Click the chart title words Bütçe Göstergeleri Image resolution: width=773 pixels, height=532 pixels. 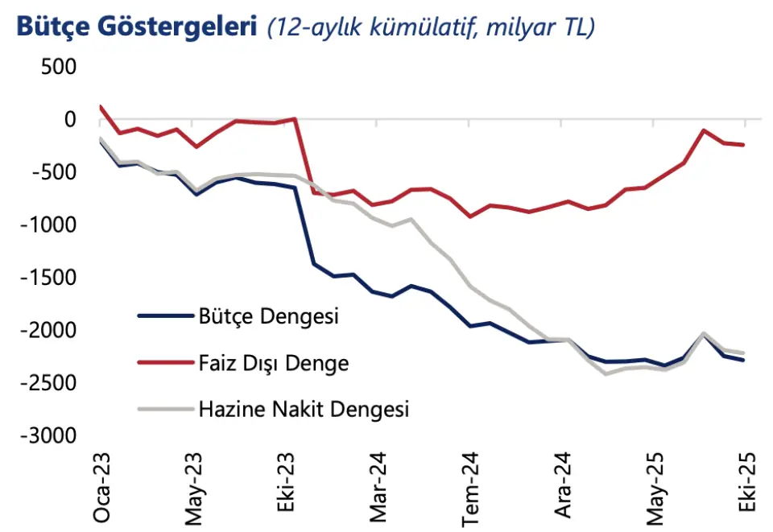(x=132, y=27)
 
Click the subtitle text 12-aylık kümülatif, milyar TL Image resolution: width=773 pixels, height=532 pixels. (x=432, y=28)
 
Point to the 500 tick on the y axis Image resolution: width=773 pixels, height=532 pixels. (x=58, y=67)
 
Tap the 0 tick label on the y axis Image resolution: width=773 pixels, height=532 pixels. (x=69, y=119)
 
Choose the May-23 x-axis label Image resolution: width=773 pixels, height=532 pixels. (x=193, y=492)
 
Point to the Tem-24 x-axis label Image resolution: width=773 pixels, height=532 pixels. (x=471, y=490)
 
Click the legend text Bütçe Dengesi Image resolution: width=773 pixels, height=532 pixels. (x=269, y=316)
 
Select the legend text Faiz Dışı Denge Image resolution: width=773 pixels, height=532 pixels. (x=274, y=363)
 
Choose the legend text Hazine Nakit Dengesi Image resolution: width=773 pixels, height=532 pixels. (x=304, y=410)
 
